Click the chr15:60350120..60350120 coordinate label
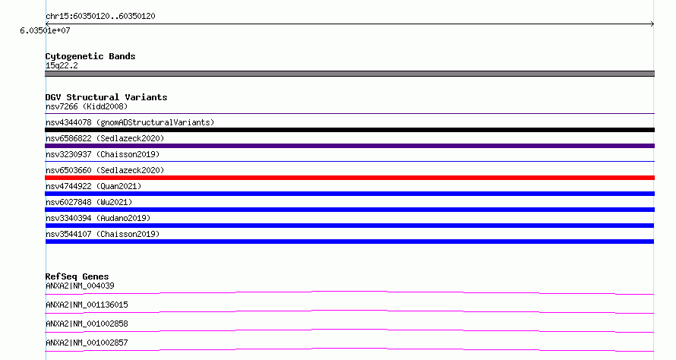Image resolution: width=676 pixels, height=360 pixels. point(100,17)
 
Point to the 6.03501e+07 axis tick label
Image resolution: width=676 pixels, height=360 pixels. point(45,30)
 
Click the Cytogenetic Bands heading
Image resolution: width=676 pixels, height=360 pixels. point(90,56)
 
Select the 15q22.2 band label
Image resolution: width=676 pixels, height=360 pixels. point(62,65)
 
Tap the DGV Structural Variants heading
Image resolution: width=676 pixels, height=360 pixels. point(106,97)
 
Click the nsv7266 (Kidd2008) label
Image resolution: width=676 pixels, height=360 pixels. point(87,106)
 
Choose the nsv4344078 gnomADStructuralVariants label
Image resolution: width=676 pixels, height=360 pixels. point(130,122)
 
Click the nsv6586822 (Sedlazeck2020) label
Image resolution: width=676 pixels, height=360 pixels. point(105,138)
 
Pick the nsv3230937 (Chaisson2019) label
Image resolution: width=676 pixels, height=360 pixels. point(103,154)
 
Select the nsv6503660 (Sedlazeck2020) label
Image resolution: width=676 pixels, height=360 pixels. point(105,170)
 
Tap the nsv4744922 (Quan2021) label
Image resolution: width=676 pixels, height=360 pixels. point(93,186)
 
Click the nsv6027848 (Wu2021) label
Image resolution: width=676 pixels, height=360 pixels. point(89,202)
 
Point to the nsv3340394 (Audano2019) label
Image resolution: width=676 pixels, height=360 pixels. point(98,218)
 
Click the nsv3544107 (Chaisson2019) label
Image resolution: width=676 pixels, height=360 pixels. point(103,234)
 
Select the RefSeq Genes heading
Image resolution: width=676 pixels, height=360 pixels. point(77,276)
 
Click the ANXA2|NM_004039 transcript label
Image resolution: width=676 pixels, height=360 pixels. point(80,286)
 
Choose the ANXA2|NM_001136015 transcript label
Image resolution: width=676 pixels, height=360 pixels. point(87,305)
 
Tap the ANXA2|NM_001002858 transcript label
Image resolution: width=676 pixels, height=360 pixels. point(87,324)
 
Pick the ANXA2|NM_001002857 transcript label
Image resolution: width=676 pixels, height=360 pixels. point(87,343)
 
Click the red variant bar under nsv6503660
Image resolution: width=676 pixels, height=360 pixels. point(349,178)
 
